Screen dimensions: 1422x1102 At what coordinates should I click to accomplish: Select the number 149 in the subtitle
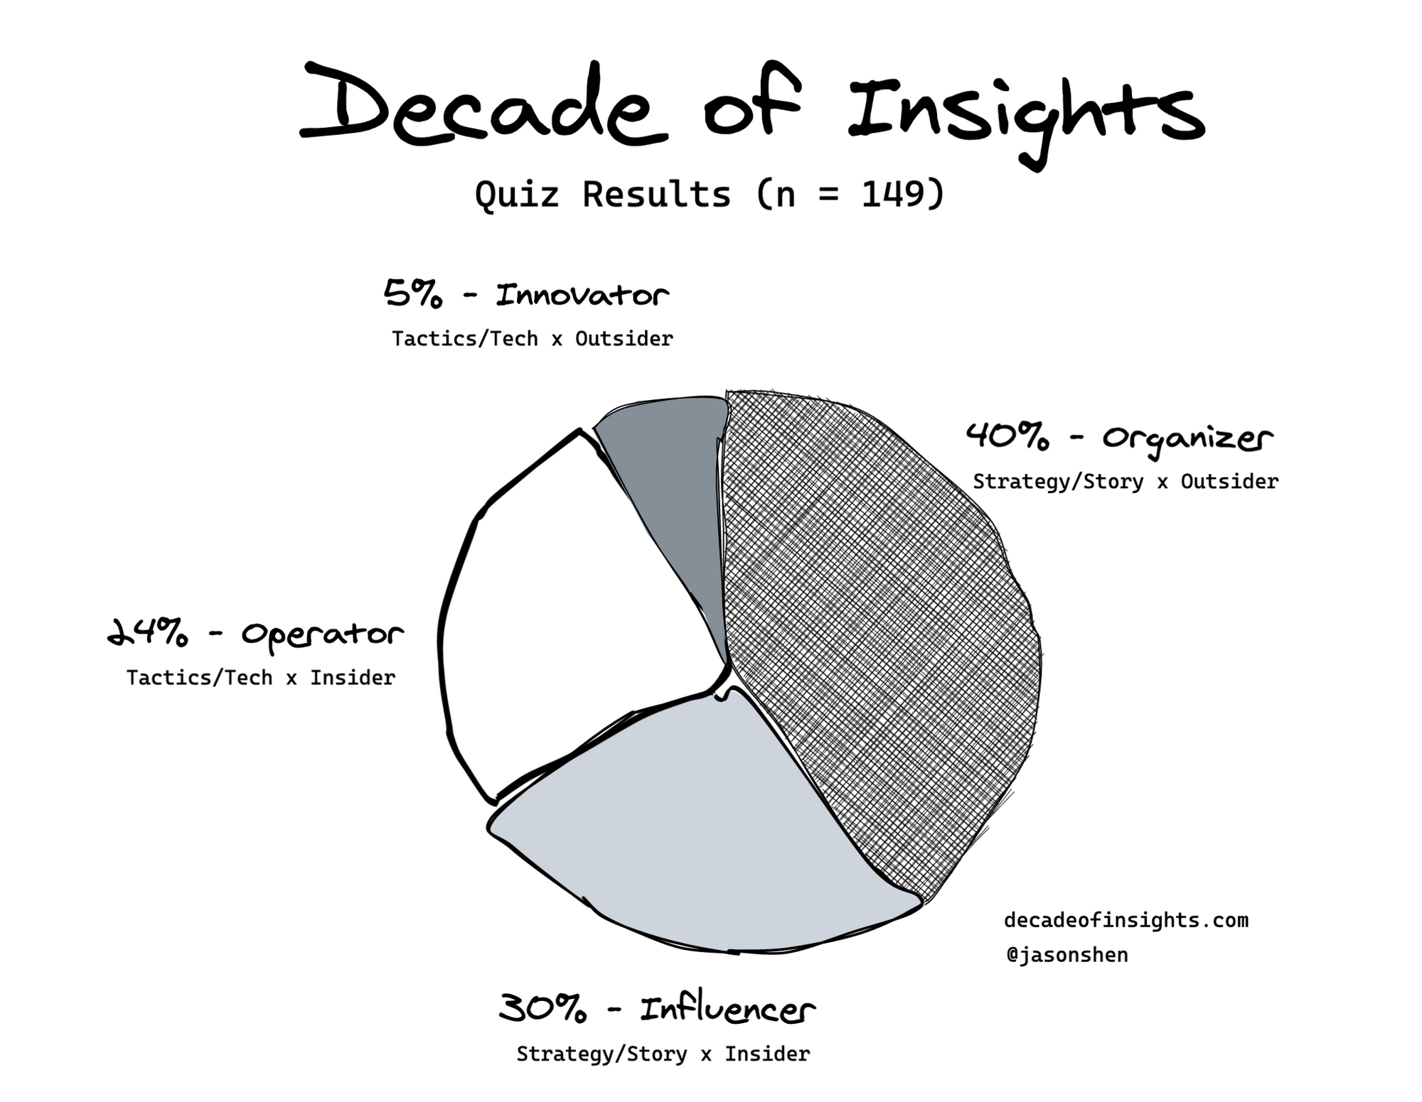pyautogui.click(x=892, y=193)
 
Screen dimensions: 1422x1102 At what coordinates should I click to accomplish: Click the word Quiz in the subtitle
pyautogui.click(x=517, y=194)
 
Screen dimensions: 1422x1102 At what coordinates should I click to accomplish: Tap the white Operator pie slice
pyautogui.click(x=569, y=625)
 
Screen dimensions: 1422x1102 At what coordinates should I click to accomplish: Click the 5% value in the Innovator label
pyautogui.click(x=412, y=294)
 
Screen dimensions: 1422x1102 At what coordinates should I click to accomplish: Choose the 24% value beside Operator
pyautogui.click(x=148, y=632)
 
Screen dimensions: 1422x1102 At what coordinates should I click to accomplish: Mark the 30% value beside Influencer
pyautogui.click(x=542, y=1008)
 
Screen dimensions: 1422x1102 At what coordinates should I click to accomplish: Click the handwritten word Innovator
pyautogui.click(x=582, y=294)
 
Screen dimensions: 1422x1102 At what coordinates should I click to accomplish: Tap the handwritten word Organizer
pyautogui.click(x=1187, y=439)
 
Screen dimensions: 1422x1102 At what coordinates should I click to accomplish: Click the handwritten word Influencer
pyautogui.click(x=727, y=1008)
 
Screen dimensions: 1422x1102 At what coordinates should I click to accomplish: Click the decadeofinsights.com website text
pyautogui.click(x=1126, y=921)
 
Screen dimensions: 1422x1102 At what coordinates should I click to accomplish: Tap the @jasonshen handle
pyautogui.click(x=1067, y=955)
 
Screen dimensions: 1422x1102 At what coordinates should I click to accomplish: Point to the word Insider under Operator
pyautogui.click(x=353, y=678)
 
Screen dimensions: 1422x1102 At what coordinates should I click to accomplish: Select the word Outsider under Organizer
pyautogui.click(x=1229, y=482)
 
